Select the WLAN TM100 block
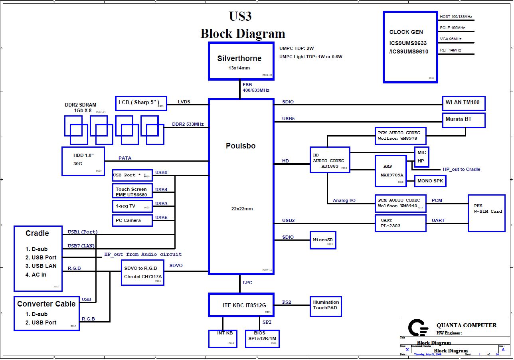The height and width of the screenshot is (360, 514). click(464, 103)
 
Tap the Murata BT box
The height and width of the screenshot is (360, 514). click(464, 120)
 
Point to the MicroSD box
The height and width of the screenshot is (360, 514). click(323, 240)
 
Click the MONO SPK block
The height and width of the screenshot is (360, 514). click(430, 181)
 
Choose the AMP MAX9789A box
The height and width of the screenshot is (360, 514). click(391, 171)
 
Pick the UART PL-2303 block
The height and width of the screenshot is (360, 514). click(400, 223)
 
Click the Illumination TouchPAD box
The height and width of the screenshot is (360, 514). click(326, 306)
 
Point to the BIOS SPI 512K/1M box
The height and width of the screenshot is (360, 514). click(262, 338)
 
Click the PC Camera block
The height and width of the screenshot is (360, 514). click(132, 220)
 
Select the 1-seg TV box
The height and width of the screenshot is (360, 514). click(132, 206)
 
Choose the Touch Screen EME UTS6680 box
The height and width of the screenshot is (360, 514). click(132, 192)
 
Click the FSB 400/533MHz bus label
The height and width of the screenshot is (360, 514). click(255, 88)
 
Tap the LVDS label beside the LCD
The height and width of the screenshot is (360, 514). click(184, 102)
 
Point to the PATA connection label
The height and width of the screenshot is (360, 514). click(125, 158)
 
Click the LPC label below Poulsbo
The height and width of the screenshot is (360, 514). click(247, 283)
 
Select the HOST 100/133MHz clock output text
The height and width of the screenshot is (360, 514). click(456, 17)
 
